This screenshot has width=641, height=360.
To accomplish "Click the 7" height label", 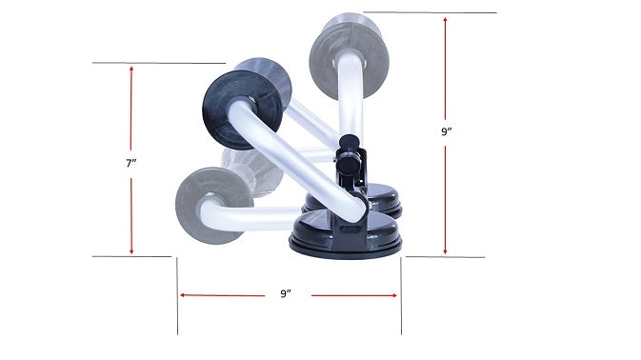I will point(131,163).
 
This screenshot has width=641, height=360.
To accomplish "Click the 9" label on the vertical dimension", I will point(446,132).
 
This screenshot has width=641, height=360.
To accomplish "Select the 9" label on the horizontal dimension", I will point(286,294).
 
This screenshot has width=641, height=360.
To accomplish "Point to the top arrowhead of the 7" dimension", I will point(131,70).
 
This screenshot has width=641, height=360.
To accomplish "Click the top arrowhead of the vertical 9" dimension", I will point(446,20).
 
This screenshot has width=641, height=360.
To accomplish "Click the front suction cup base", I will point(346,238).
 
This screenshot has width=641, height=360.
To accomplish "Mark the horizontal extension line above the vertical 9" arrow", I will point(429,12).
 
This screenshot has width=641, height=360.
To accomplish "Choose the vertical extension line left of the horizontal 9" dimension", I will point(177,295).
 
